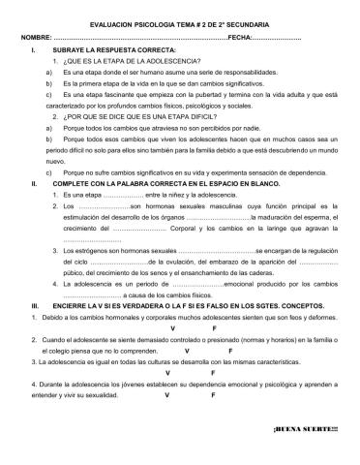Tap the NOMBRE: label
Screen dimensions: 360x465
click(37, 36)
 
